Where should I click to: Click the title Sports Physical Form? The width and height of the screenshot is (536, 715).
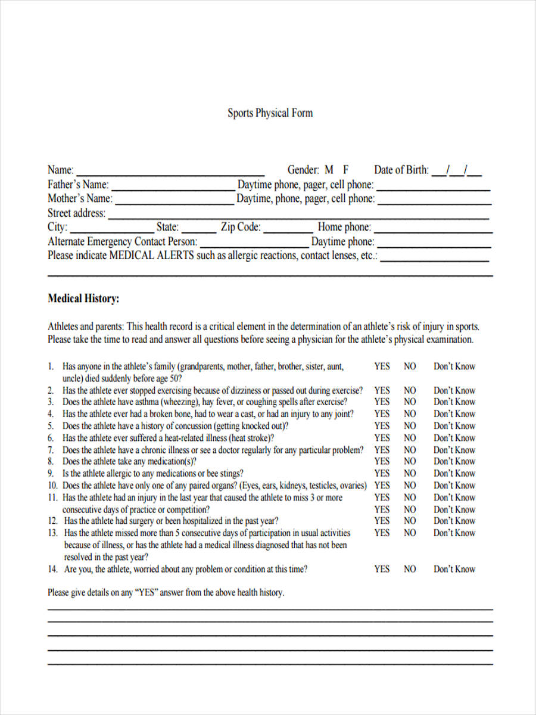[270, 113]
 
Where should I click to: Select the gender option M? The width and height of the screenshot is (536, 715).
[329, 170]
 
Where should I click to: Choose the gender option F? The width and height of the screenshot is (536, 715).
[345, 170]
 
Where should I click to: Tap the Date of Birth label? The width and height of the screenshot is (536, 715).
[401, 170]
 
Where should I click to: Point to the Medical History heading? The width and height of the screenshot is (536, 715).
[83, 299]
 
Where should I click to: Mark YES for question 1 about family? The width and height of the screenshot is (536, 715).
[382, 366]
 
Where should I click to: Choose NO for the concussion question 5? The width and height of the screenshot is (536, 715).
[410, 426]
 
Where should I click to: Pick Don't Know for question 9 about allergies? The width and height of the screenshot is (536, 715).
[454, 474]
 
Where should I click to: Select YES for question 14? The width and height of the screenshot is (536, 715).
[382, 569]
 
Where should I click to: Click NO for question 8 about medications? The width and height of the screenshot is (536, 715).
[410, 461]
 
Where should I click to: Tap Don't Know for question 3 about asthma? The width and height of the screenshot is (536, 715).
[454, 402]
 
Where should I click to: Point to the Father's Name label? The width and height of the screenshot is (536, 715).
[78, 185]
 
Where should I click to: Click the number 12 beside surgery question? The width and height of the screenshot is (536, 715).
[52, 521]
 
